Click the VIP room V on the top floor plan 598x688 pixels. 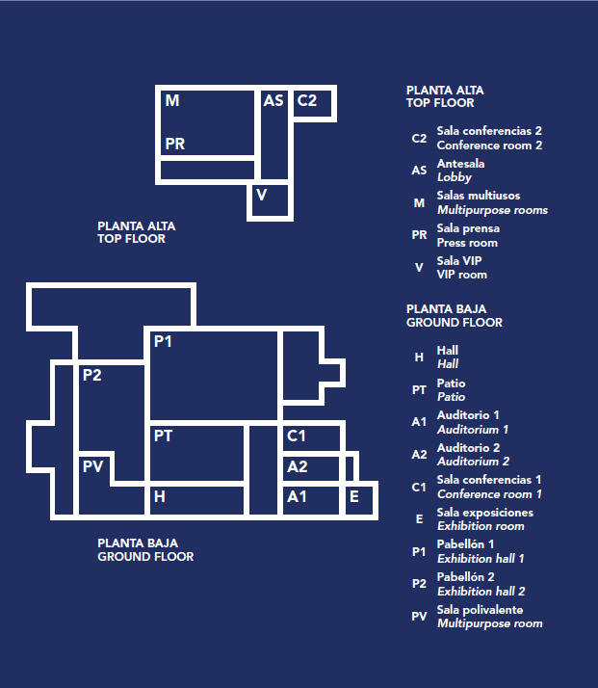coord(270,200)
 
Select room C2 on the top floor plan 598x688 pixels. coord(312,103)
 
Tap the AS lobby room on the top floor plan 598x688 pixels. coord(274,135)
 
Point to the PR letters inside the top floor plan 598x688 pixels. coord(175,144)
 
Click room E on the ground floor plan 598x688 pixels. coord(359,500)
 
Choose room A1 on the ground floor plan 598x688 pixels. coord(311,500)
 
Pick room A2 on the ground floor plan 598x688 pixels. coord(311,468)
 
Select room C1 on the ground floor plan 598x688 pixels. coord(311,438)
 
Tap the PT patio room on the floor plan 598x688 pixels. coord(196,453)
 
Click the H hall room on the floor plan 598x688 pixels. coord(196,500)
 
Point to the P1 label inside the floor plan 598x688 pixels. coord(163,341)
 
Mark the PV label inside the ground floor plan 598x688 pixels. coord(93,466)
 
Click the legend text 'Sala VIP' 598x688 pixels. coord(459,260)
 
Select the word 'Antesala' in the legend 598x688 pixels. coord(460,164)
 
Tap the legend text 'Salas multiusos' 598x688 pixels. coord(479,196)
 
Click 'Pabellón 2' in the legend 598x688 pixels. coord(466,576)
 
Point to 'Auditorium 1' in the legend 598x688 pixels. coord(473,430)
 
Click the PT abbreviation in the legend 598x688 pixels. coord(419,390)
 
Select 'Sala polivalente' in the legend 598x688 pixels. coord(480,610)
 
